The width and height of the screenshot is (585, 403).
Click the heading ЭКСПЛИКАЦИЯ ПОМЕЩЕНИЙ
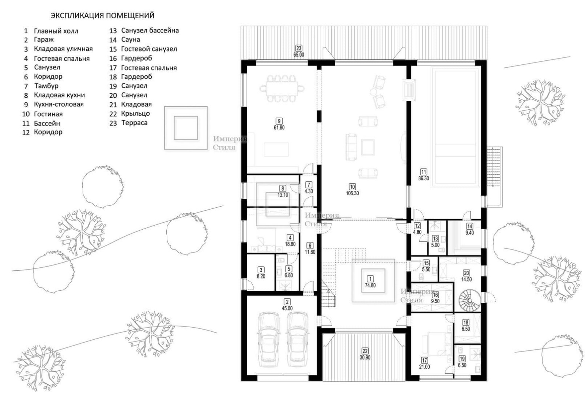pos(103,15)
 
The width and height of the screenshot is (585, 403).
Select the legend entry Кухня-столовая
pos(59,104)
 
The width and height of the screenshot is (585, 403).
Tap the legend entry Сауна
pos(131,39)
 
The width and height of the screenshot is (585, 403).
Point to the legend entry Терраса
pos(135,123)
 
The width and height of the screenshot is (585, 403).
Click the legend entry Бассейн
pos(47,123)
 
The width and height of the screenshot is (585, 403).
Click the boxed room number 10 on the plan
pos(352,187)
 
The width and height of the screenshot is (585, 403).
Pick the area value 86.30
pos(424,179)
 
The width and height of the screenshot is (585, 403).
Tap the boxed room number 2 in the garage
pos(287,302)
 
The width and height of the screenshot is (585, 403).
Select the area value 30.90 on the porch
pos(365,358)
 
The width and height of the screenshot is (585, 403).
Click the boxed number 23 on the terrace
pos(298,48)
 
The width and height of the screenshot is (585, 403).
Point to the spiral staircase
pos(469,300)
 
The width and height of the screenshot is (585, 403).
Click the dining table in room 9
pos(282,88)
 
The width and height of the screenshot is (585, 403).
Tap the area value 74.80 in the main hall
pos(370,286)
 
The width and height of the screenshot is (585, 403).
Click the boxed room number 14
pos(469,226)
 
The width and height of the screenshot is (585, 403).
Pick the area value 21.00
pos(424,367)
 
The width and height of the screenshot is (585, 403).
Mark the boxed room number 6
pos(310,245)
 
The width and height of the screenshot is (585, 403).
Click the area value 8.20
pos(261,276)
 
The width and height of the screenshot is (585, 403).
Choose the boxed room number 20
pos(466,273)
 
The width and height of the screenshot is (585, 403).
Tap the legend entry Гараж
pos(44,40)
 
